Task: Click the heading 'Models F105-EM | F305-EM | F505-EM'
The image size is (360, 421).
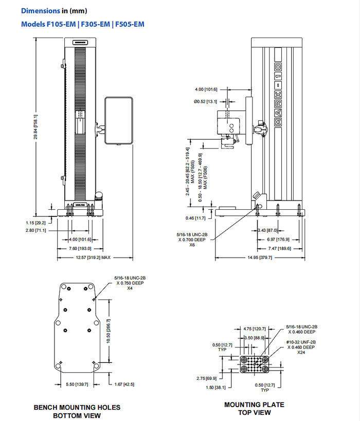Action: (x=82, y=24)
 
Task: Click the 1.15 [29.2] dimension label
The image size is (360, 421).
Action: (x=35, y=223)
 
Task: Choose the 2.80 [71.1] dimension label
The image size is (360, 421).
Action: (x=35, y=231)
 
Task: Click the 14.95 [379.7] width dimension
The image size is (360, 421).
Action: (x=259, y=257)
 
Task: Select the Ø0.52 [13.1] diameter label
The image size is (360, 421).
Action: (x=206, y=102)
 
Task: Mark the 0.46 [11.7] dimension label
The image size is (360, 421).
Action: (x=196, y=218)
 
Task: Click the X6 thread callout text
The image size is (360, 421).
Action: (x=192, y=245)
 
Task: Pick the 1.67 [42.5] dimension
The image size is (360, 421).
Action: (x=121, y=384)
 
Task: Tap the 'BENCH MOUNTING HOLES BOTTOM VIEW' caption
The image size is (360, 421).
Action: (x=77, y=411)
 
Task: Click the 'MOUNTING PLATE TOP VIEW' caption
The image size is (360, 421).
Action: (x=254, y=409)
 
